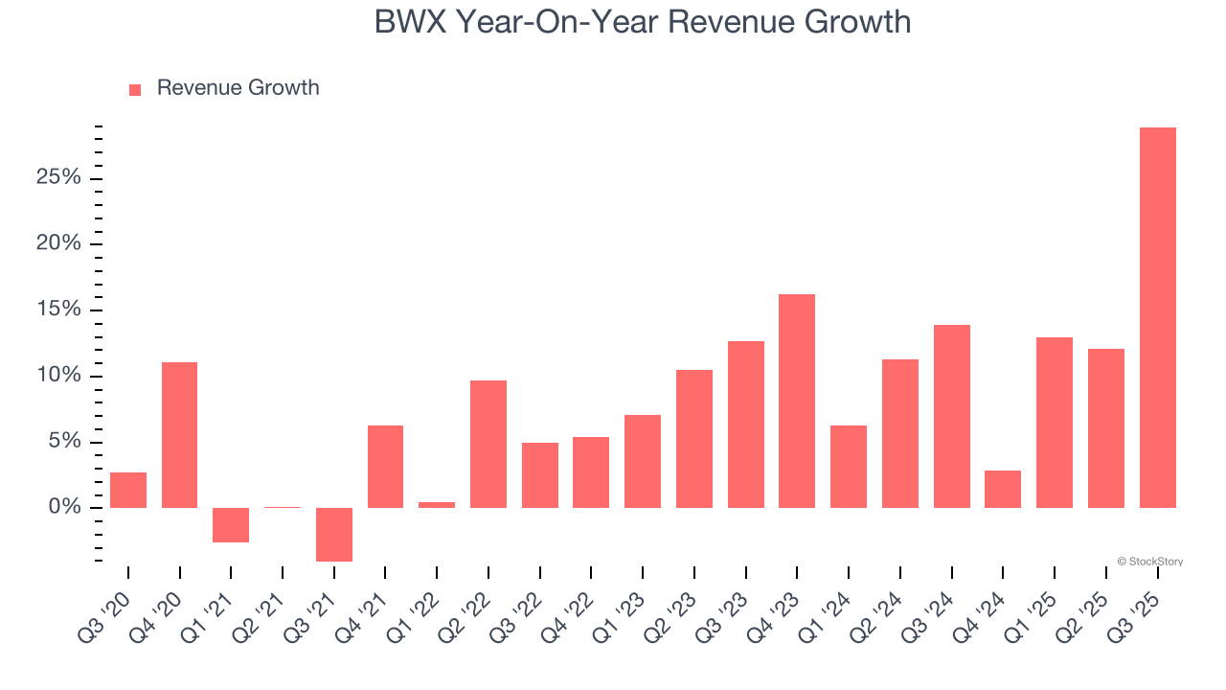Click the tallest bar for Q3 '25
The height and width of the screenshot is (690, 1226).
click(x=1157, y=317)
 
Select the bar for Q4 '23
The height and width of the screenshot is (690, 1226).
click(x=797, y=401)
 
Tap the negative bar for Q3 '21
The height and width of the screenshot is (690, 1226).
click(x=334, y=534)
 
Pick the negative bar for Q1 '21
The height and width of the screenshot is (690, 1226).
click(x=231, y=525)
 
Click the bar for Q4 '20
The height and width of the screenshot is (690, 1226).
click(x=179, y=435)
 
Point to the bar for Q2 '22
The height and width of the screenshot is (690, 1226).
click(x=488, y=444)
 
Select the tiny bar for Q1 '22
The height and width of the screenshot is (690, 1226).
click(x=437, y=504)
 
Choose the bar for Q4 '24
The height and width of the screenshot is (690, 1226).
click(x=1003, y=489)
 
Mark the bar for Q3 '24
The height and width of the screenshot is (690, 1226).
click(x=951, y=416)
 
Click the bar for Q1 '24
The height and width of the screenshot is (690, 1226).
click(x=849, y=466)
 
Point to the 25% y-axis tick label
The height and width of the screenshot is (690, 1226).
click(x=58, y=178)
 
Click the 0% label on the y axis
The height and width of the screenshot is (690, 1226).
click(x=64, y=507)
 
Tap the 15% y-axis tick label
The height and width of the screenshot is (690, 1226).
click(x=58, y=310)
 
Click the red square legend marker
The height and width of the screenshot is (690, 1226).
click(x=135, y=89)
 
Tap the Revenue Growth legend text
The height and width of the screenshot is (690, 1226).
click(x=238, y=88)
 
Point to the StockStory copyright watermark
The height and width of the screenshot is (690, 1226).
click(x=1149, y=562)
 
